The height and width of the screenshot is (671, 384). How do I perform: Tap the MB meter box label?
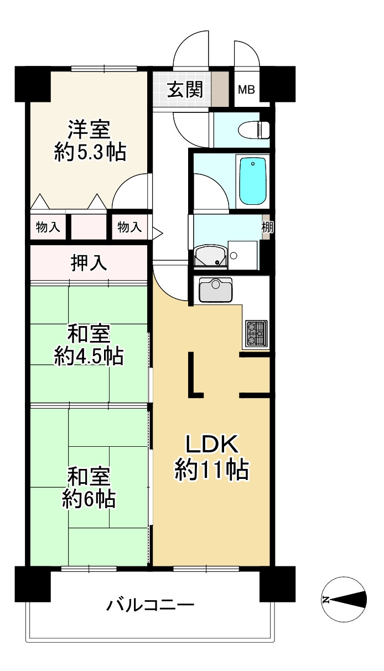246,90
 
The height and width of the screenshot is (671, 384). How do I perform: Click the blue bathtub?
252,180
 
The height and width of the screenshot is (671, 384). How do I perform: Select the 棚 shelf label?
267,227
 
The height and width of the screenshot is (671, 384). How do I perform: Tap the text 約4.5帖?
89,356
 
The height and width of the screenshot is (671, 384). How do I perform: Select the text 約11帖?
211,471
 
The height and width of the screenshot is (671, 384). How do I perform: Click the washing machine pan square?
242,255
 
